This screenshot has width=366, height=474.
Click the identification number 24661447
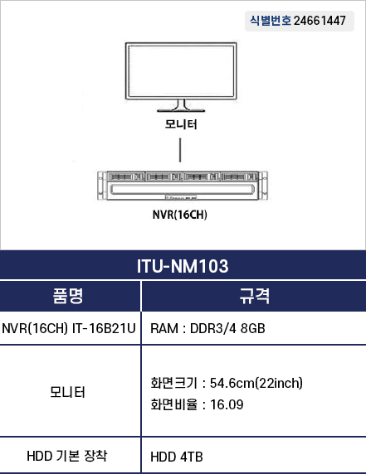320,21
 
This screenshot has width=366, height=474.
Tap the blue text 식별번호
271,21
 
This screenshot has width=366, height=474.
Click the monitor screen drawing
181,71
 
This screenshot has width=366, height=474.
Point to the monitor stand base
181,111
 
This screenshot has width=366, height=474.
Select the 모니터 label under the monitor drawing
181,124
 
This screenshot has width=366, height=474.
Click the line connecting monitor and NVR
180,150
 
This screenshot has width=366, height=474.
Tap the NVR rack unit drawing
183,186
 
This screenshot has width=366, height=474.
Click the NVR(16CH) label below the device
180,215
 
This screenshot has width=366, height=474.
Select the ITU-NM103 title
183,266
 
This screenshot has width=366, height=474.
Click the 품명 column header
68,296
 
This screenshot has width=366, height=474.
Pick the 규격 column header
254,296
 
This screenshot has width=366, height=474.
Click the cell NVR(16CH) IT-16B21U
69,328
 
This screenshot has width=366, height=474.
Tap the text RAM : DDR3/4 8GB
207,329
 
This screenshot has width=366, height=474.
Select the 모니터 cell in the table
67,392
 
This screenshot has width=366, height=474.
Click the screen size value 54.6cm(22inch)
256,383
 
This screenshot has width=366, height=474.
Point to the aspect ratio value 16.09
227,404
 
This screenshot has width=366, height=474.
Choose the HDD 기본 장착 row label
67,456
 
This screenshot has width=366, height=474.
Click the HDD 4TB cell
177,457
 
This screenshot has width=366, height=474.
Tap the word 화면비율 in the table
173,404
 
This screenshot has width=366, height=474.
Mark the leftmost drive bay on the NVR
126,177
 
